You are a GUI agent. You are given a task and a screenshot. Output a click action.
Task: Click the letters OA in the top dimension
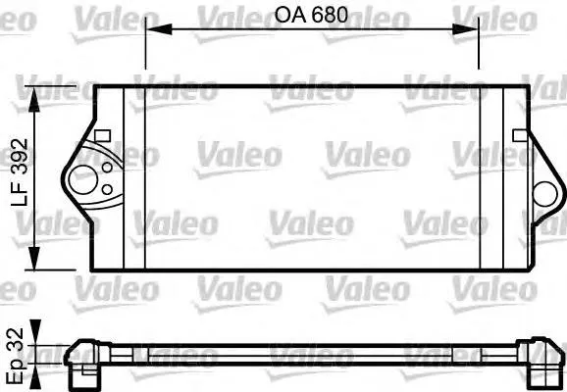click(286, 18)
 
